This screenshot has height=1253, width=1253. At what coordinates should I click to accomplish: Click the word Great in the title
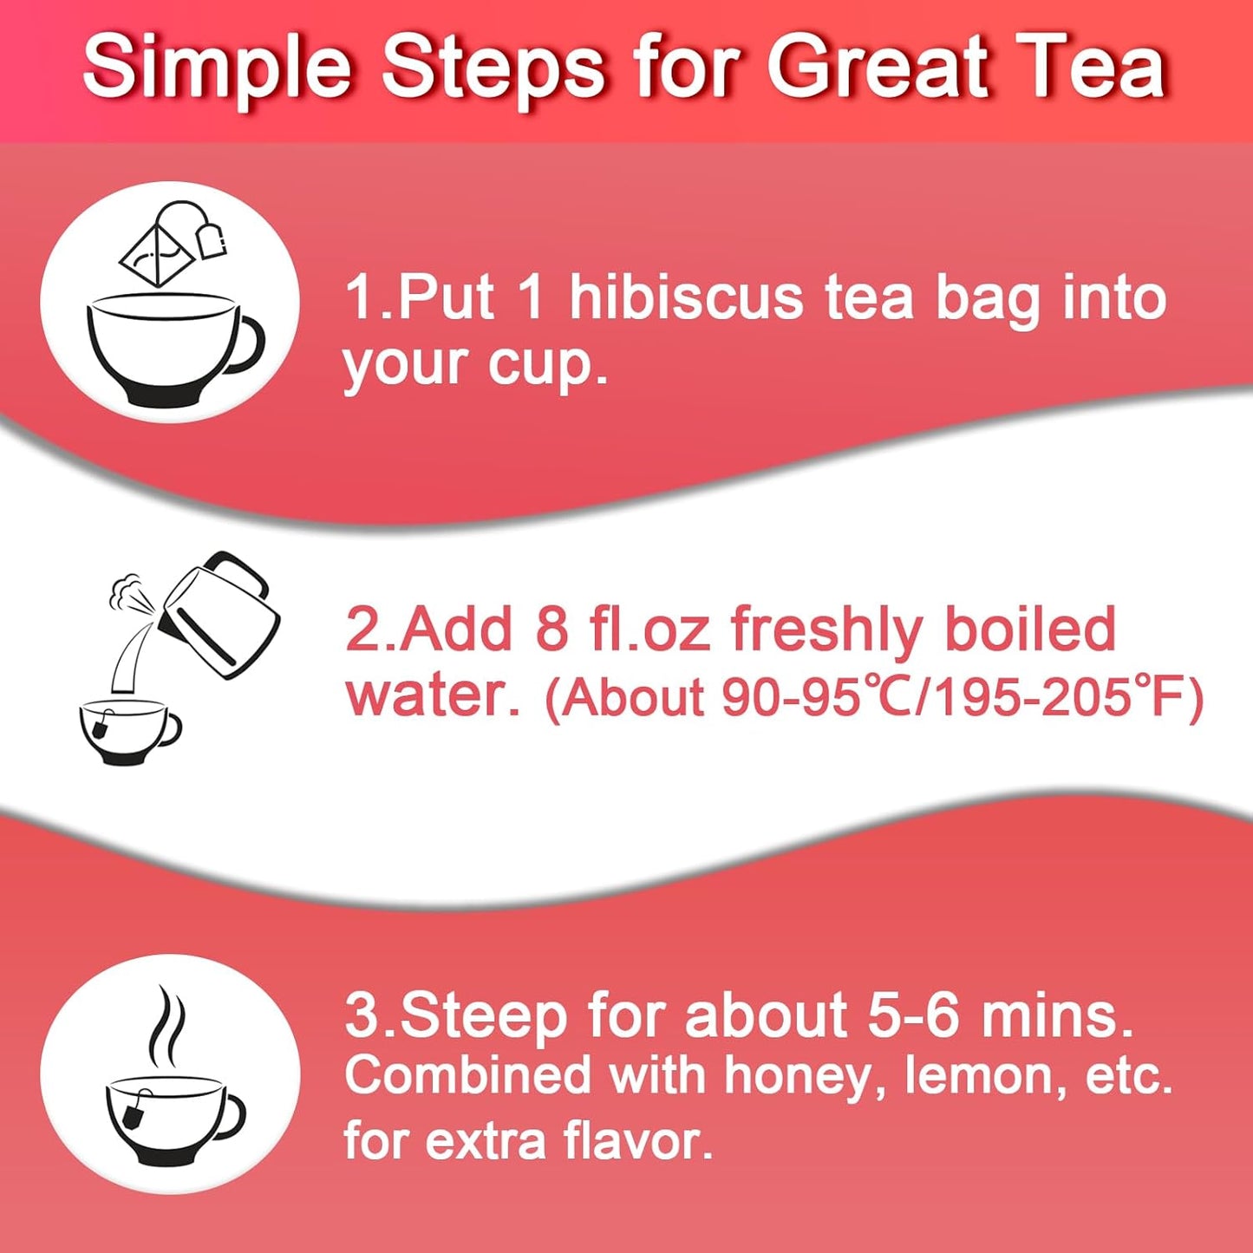[x=877, y=68]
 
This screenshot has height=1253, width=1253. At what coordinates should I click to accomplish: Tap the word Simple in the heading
[x=217, y=68]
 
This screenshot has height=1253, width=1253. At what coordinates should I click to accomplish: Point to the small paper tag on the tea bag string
[x=212, y=239]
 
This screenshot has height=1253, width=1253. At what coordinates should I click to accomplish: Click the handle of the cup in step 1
[x=247, y=347]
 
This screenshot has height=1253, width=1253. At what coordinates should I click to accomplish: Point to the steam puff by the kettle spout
[x=128, y=590]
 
